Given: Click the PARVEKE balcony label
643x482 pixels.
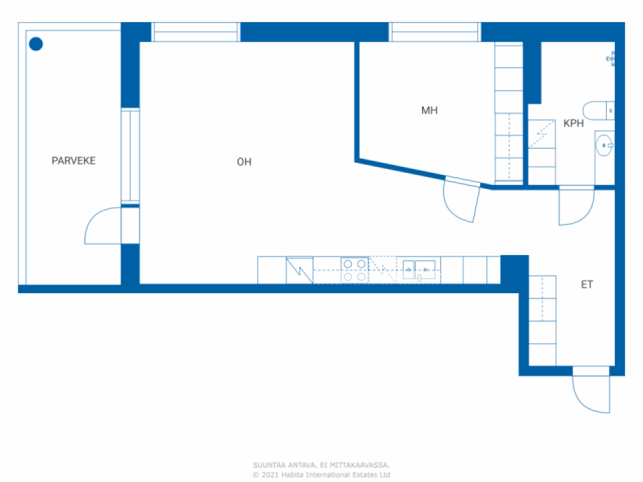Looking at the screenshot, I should coord(73,161).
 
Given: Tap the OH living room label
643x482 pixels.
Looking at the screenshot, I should coord(244,162).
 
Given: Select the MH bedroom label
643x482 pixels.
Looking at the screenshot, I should coord(429,110).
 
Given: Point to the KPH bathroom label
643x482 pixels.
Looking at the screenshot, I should coord(573,123).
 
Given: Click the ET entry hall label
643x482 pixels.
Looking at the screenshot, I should coord(587,285).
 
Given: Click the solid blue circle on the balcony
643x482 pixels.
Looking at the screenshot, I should coord(36,44).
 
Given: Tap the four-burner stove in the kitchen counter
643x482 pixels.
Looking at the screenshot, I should coord(354,270).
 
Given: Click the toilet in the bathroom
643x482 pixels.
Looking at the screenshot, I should coord(598,110).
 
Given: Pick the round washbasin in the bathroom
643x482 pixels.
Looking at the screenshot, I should coord(604,146).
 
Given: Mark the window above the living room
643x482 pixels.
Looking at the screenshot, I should coord(195,32).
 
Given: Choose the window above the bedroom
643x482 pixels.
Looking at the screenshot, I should coord(435,32).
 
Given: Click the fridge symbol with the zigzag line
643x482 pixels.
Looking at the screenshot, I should coord(299,270).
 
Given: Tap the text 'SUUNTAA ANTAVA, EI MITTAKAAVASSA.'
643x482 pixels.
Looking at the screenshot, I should coord(321,465).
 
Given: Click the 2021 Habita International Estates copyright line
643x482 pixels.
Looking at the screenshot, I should coord(321,475).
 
